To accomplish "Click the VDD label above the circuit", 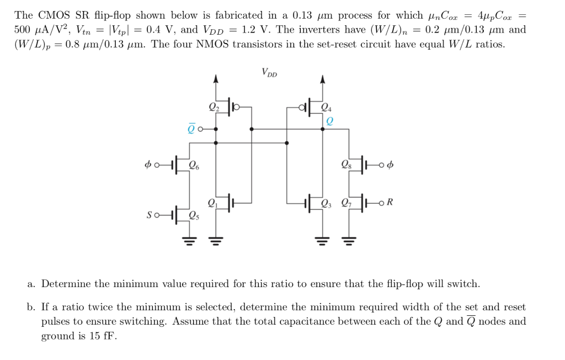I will point(269,72).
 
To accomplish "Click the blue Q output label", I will point(329,121).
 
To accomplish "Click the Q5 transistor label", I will point(194,215).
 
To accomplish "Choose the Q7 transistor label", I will point(346,203).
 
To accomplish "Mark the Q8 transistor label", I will point(346,165).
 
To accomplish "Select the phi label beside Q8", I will point(391,165).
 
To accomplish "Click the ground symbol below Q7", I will point(349,240).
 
